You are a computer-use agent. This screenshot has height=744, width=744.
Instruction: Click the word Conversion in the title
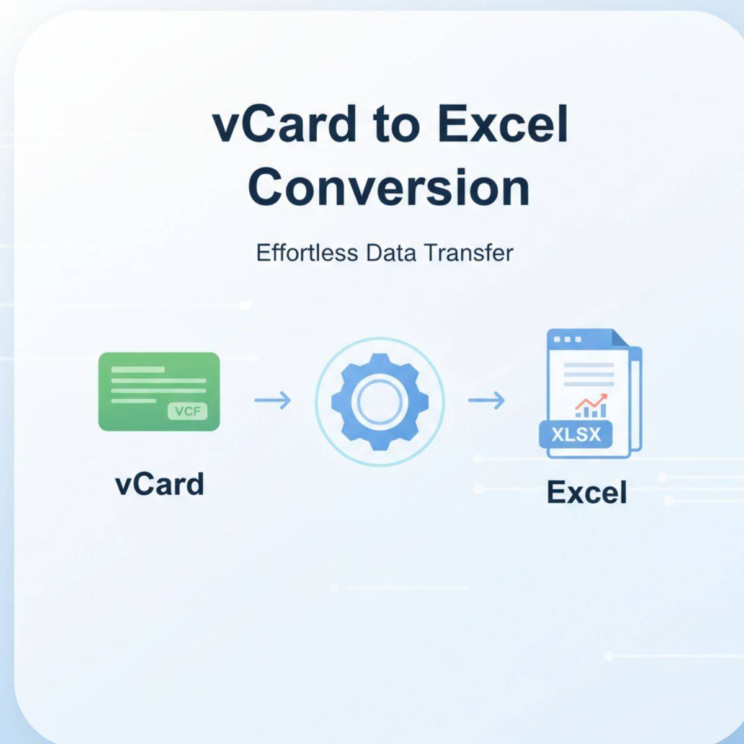point(388,188)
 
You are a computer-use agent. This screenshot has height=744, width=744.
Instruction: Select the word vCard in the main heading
point(284,125)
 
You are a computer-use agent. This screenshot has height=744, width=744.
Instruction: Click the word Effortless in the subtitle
point(307,254)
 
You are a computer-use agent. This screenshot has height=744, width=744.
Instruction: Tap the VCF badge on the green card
point(188,411)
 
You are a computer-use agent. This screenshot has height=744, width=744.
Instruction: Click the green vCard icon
point(159,391)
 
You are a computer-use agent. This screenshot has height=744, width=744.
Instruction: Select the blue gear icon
point(380,402)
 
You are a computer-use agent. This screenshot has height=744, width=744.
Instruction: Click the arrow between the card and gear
point(273,400)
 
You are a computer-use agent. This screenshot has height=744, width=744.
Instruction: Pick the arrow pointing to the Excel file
point(486,400)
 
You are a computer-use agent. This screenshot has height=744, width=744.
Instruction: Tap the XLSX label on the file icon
point(576,435)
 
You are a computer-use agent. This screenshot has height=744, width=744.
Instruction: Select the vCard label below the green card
point(159,484)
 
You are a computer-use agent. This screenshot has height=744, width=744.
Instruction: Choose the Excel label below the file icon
point(587,492)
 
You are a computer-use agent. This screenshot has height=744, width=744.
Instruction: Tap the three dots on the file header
point(567,339)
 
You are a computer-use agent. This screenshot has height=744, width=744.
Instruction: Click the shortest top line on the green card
point(138,370)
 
